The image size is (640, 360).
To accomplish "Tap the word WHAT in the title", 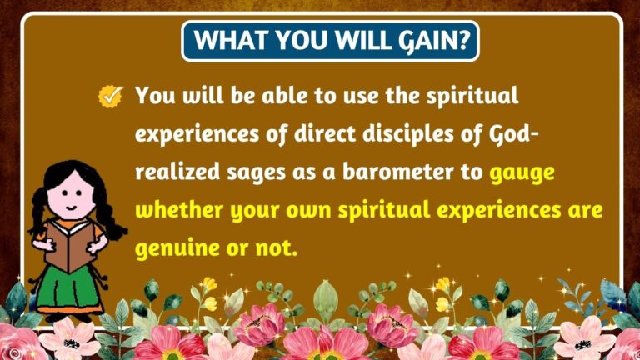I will (x=226, y=40).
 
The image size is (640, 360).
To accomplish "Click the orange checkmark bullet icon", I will (x=111, y=97).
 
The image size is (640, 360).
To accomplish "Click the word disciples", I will (x=379, y=134).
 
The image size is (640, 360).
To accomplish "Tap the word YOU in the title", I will (x=292, y=40).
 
